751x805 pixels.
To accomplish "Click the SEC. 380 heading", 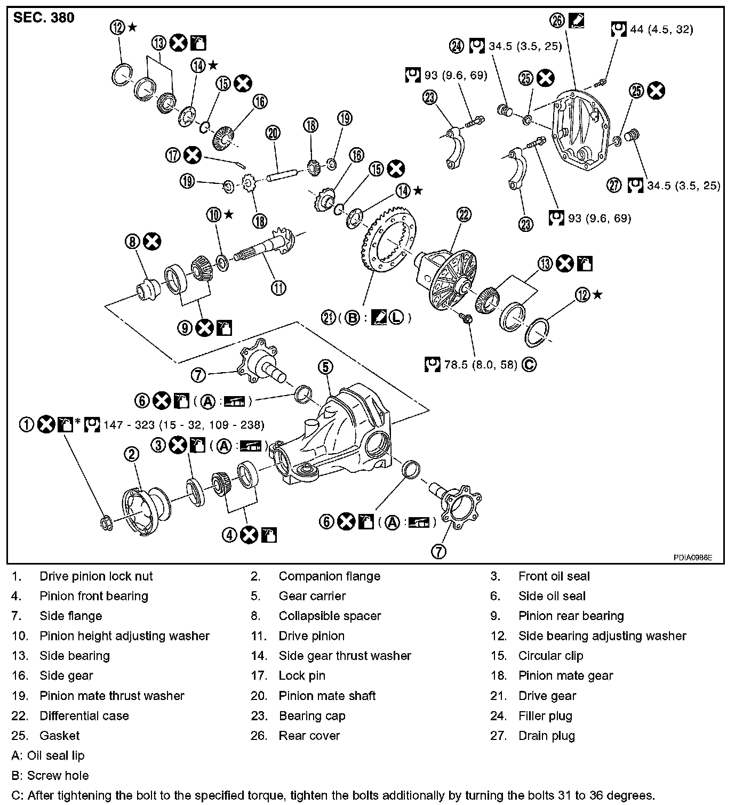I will (x=44, y=18).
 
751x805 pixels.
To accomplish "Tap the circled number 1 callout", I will (x=27, y=424).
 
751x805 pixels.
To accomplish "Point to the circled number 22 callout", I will (x=464, y=215).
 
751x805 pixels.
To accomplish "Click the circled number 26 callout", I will (x=557, y=20).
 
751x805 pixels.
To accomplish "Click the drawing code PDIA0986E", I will (x=692, y=558).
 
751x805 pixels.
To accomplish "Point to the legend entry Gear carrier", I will (x=312, y=596).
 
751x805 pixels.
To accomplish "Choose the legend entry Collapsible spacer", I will (x=330, y=616).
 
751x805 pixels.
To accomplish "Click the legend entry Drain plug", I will (x=546, y=736).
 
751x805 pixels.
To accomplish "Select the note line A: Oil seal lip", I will (x=47, y=755).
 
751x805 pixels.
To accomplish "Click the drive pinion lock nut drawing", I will (x=106, y=522).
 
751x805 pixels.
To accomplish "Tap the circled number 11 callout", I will (x=278, y=288).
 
